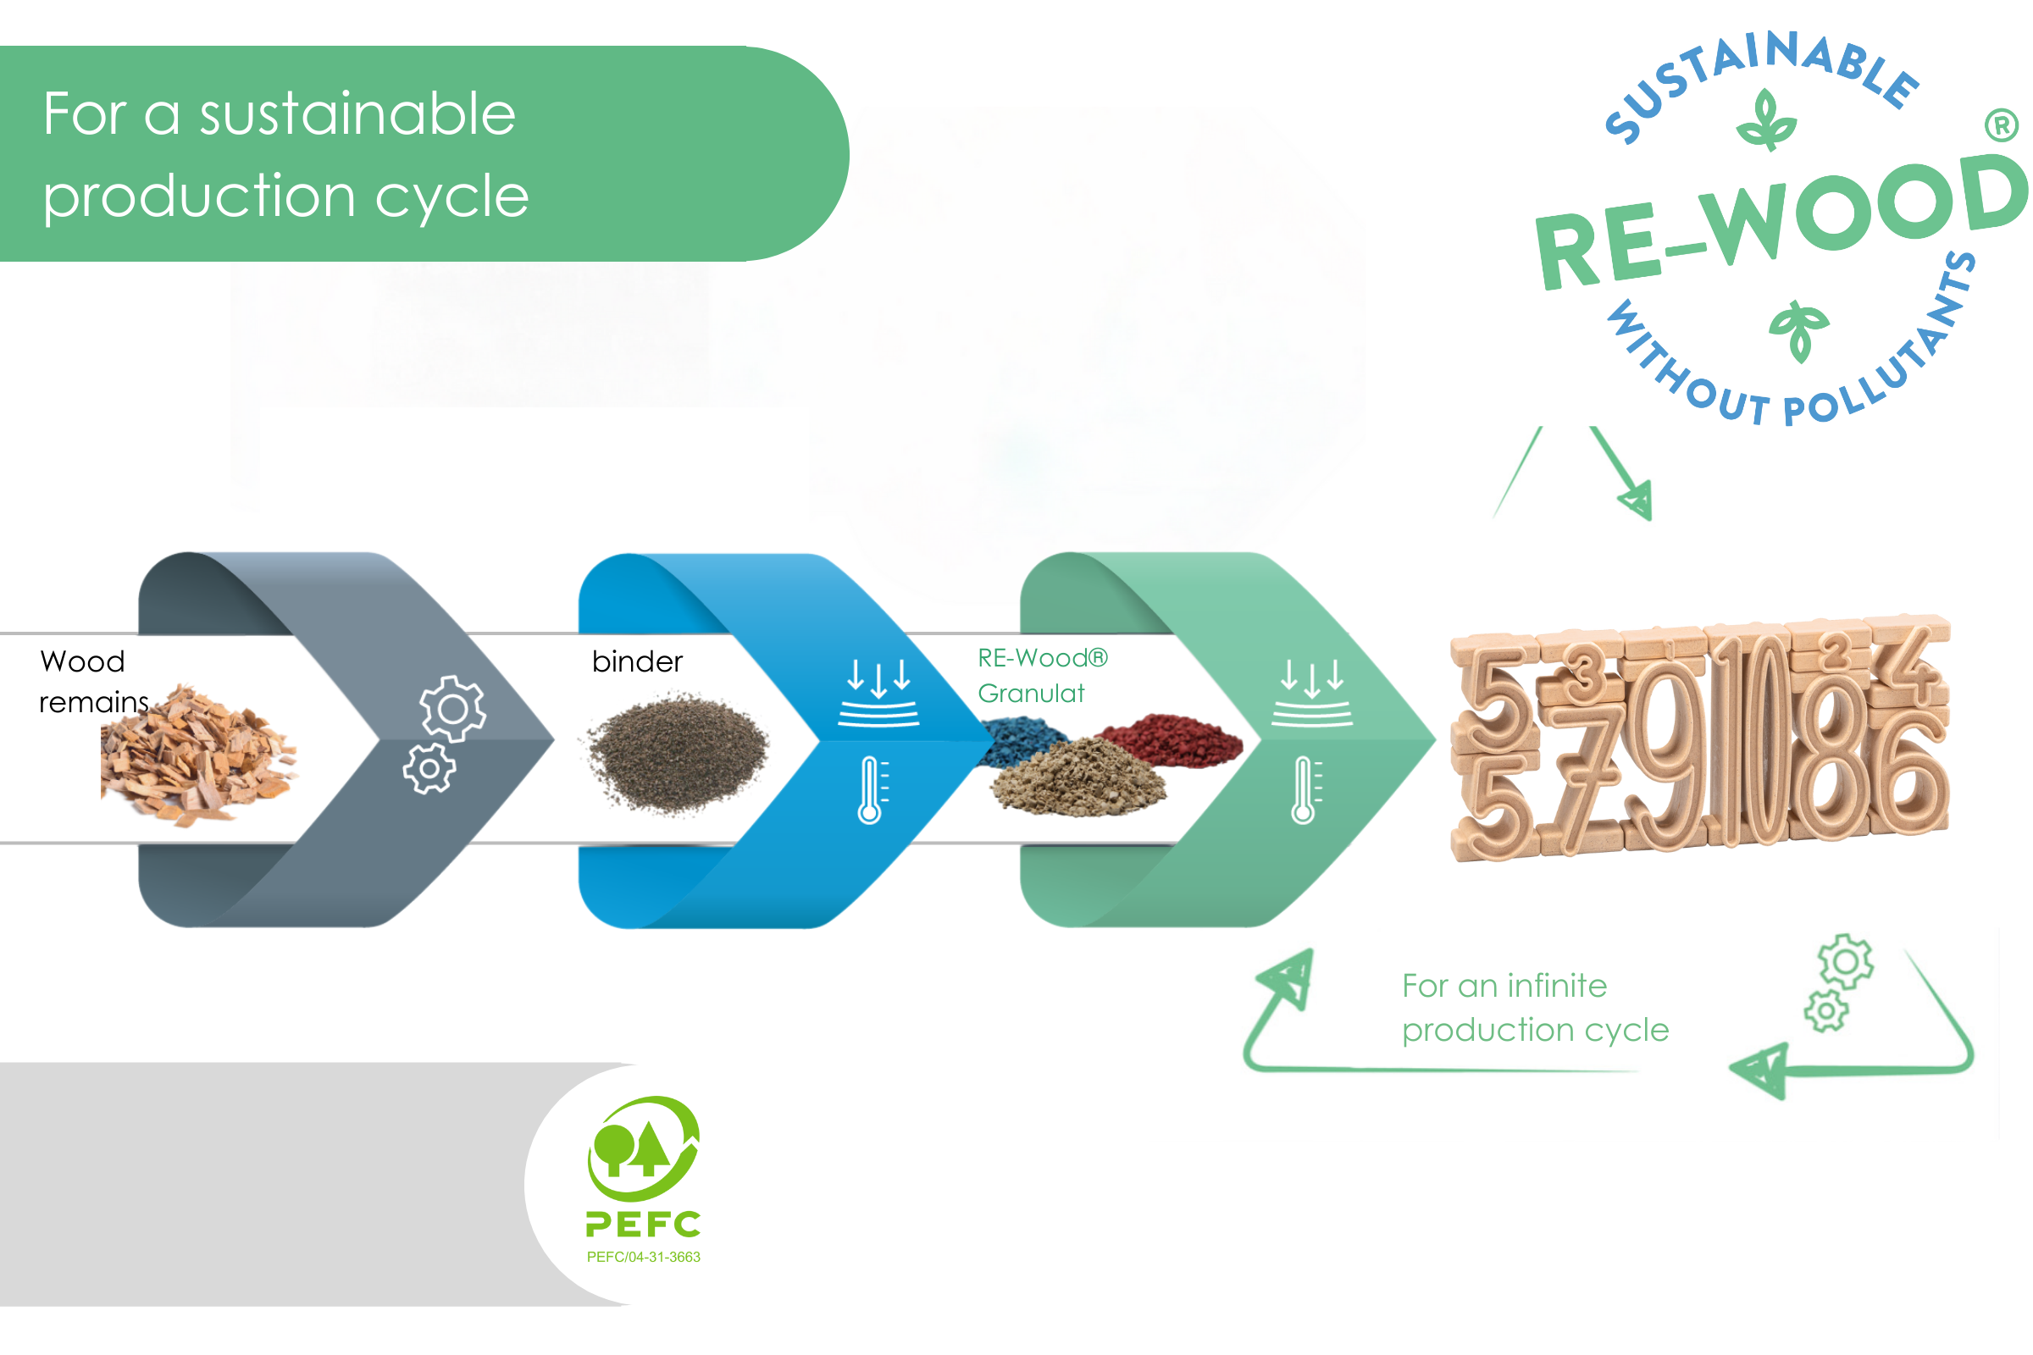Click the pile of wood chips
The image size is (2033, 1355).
[199, 756]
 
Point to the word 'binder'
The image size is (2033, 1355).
[637, 662]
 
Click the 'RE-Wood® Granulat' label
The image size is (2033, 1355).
[1041, 676]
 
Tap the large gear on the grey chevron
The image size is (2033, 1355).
[452, 709]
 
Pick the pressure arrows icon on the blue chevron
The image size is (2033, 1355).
[878, 691]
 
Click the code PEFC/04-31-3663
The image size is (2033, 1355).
[643, 1257]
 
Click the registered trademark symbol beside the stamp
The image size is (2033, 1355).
[2001, 126]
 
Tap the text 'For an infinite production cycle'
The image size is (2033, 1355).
[1534, 1008]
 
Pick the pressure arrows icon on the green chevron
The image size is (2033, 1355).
[1311, 691]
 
